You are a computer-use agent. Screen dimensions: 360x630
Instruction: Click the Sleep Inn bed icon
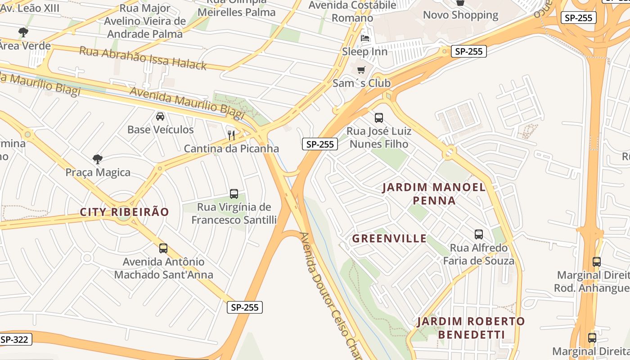pos(365,38)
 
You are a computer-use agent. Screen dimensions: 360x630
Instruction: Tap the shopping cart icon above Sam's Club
pos(361,70)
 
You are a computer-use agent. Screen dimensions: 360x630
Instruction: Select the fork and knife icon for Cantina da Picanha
pos(231,135)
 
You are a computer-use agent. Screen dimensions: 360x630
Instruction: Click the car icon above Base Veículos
pos(160,117)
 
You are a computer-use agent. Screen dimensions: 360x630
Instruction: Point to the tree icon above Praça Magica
pos(97,159)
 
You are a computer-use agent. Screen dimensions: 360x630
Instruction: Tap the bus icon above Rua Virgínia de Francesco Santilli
pos(234,194)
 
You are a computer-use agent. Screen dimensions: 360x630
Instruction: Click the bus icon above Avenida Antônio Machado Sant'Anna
pos(163,248)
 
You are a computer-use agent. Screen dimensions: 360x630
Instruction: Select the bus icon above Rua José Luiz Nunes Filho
pos(379,118)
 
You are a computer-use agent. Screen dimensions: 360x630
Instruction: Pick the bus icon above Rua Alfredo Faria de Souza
pos(479,234)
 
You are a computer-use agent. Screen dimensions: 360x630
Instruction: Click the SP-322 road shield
pos(14,340)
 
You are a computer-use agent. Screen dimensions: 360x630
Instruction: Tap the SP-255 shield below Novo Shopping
pos(468,51)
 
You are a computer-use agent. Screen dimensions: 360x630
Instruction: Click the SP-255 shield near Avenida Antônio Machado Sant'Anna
pos(244,307)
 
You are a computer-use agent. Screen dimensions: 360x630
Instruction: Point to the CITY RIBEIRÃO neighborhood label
pos(124,212)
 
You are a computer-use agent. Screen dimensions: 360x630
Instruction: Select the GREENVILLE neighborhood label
pos(389,238)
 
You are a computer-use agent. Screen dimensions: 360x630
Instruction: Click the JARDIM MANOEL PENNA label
pos(434,193)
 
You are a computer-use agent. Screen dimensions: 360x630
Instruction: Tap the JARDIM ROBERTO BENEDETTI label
pos(471,328)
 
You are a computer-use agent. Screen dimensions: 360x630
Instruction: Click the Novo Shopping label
pos(460,15)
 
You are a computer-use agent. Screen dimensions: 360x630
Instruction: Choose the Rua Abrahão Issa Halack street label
pos(143,58)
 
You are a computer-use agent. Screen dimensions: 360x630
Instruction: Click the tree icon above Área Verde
pos(23,32)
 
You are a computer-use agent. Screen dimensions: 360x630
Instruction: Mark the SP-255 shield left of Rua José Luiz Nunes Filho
pos(319,144)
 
